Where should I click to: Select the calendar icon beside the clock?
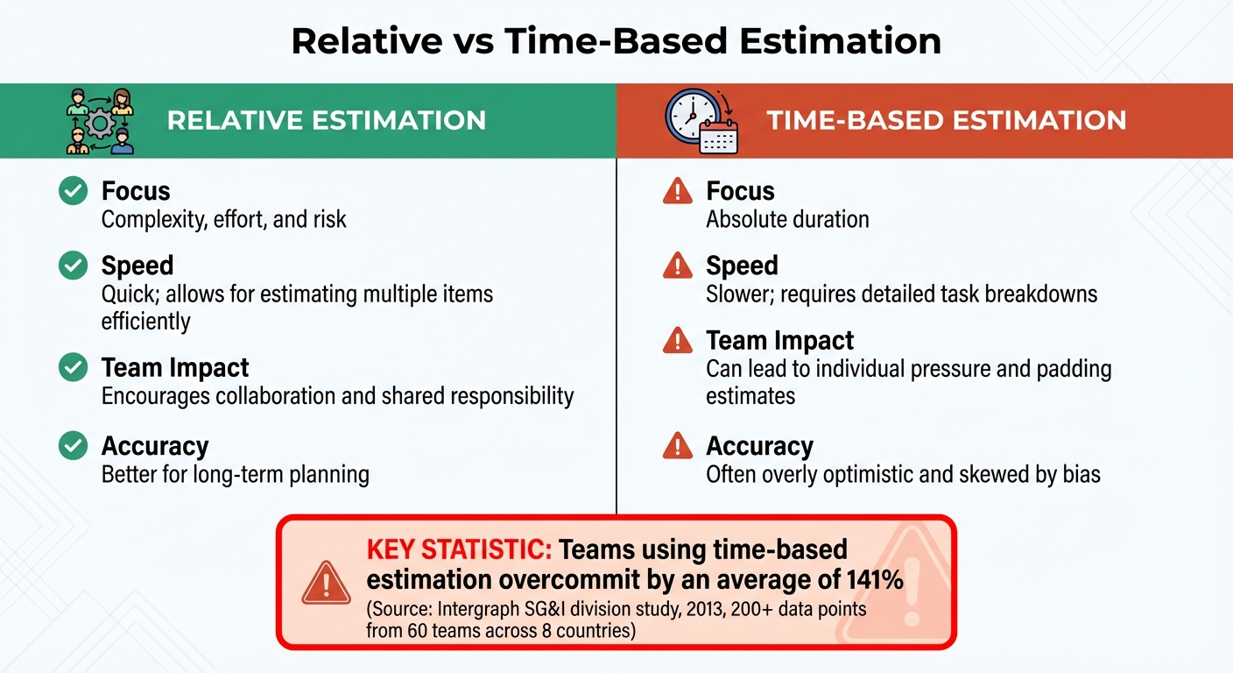coord(719,137)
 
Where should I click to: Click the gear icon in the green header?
coord(99,123)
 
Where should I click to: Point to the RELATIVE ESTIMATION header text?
coord(326,120)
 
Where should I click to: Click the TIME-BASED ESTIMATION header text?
coord(947,120)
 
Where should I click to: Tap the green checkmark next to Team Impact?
coord(73,367)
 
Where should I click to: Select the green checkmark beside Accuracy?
coord(73,446)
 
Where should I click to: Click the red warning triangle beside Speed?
coord(677,265)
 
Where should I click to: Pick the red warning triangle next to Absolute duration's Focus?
coord(677,190)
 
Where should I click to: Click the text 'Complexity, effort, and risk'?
coord(223,219)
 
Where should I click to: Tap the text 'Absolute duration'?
coord(787,219)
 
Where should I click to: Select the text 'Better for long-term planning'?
coord(235,475)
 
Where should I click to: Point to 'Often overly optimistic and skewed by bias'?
coord(903,475)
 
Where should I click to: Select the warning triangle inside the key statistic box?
coord(326,581)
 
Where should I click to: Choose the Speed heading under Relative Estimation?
coord(137,266)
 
